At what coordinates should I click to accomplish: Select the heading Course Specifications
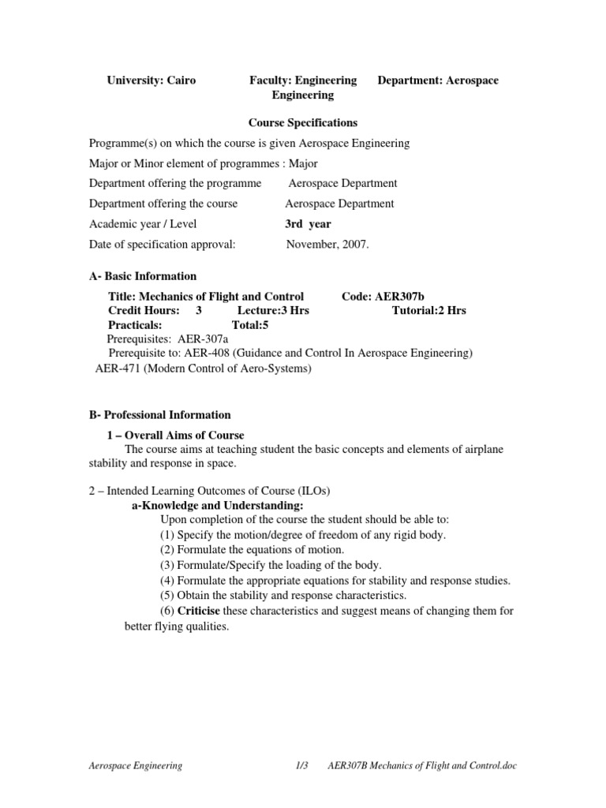coord(303,123)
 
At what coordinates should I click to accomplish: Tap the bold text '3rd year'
coord(308,224)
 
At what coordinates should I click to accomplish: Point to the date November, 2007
coord(327,245)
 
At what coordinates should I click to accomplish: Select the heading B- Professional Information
coord(160,415)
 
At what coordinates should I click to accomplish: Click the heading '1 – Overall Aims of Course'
coord(176,436)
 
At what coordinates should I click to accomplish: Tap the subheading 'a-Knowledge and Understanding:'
coord(217,506)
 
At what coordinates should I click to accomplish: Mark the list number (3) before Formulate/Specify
coord(167,565)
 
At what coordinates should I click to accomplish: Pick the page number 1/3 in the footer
coord(300,765)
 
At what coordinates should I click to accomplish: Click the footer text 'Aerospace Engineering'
coord(134,765)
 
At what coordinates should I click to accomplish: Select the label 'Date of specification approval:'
coord(163,245)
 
